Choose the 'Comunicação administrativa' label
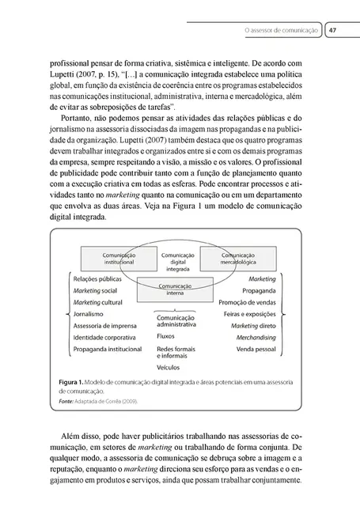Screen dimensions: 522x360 (176, 320)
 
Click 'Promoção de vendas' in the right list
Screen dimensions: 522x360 (244, 302)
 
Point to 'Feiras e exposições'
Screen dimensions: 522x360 (245, 313)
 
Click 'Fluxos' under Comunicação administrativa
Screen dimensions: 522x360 (167, 335)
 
